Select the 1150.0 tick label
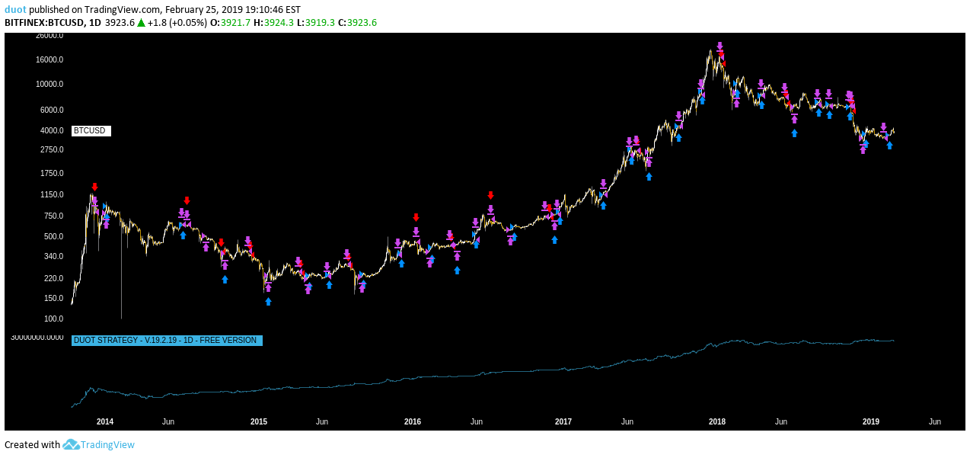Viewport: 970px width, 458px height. [x=52, y=195]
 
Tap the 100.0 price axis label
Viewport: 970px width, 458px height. [x=53, y=319]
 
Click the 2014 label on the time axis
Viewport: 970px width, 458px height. [x=105, y=421]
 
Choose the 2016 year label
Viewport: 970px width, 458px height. [x=412, y=421]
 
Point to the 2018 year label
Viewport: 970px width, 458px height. [x=716, y=421]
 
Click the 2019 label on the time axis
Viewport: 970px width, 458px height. [x=870, y=421]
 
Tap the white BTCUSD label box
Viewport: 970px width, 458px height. [x=91, y=131]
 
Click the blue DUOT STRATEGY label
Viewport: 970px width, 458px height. [x=167, y=341]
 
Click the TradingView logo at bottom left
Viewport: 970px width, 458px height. [x=98, y=445]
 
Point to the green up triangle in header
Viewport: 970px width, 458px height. [x=141, y=23]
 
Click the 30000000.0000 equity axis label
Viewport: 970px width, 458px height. [x=37, y=337]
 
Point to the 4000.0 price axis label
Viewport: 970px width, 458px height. [x=50, y=130]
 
